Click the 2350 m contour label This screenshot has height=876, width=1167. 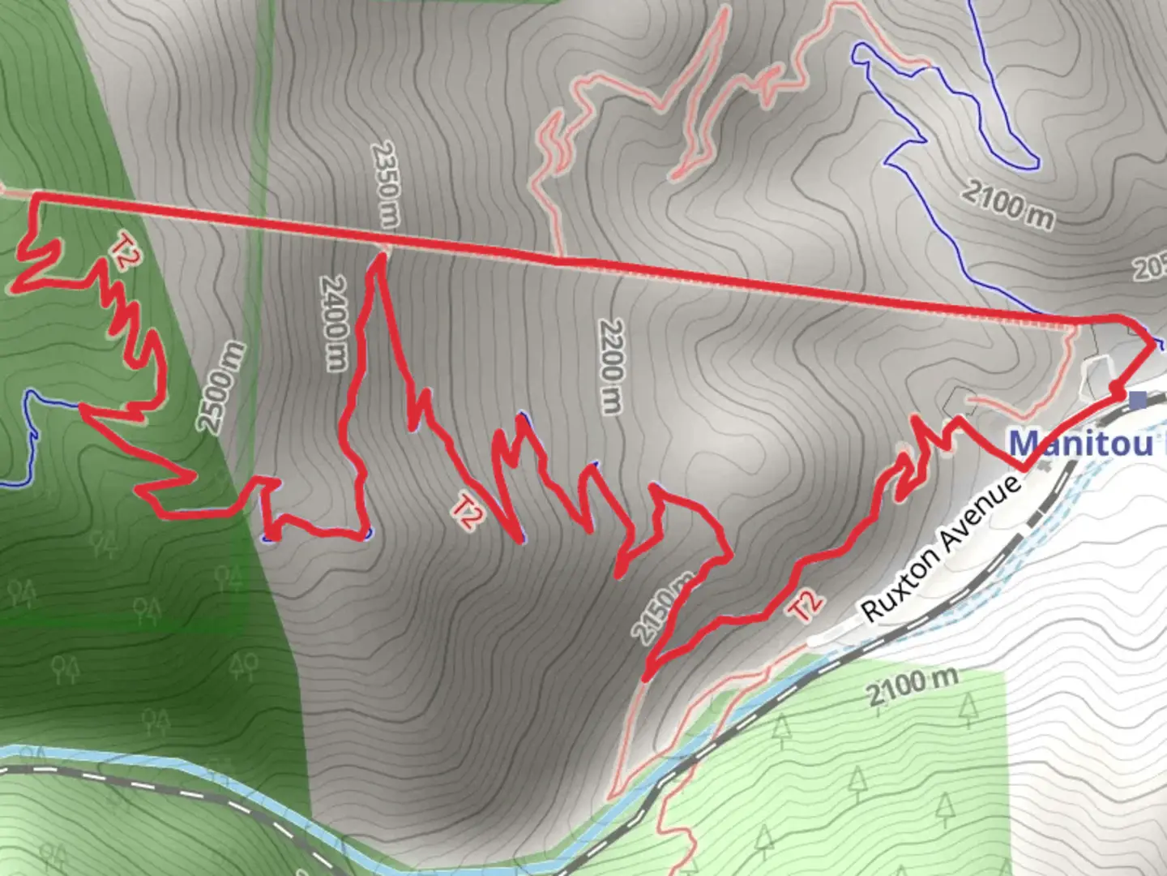[386, 184]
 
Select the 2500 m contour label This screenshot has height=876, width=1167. [220, 387]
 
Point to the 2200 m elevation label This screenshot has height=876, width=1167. [612, 366]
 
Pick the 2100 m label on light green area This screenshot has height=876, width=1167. [912, 688]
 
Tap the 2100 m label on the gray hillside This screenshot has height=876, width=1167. [1008, 204]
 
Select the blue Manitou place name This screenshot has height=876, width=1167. [1080, 444]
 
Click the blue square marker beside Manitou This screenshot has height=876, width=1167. [1139, 400]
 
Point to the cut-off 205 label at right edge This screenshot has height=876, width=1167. [1151, 268]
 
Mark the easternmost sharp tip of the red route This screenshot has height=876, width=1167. [1155, 345]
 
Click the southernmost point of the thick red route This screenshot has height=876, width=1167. [646, 678]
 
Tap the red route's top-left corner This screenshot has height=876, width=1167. [35, 195]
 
